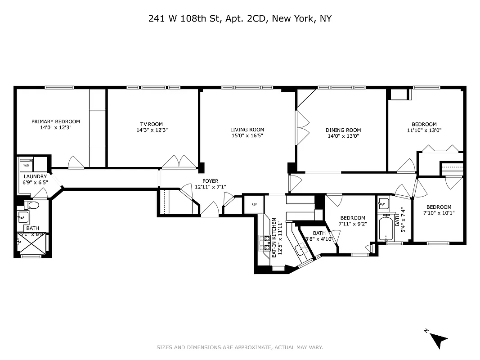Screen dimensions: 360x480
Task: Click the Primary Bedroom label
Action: coord(56,121)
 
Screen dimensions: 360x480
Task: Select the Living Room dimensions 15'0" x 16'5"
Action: coord(247,135)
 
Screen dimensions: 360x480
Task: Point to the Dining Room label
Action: coord(343,130)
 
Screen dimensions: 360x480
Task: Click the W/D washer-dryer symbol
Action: coord(26,166)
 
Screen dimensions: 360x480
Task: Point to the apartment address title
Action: coord(240,18)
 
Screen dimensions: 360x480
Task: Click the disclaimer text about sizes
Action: coord(240,347)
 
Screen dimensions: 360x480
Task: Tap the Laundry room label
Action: coord(35,177)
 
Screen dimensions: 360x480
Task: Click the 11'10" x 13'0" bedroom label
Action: coord(424,125)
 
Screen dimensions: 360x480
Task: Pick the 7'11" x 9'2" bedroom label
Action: coord(353,218)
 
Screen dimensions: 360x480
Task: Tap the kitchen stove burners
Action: coord(264,243)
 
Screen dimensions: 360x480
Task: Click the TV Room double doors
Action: coord(179,162)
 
